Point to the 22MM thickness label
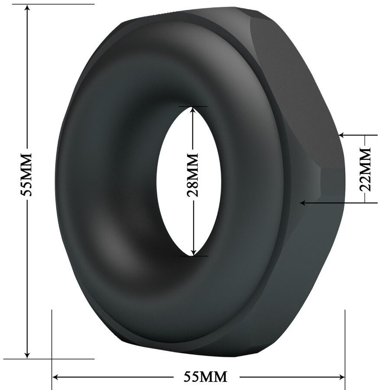(x=366, y=169)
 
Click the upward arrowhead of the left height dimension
(x=27, y=9)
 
